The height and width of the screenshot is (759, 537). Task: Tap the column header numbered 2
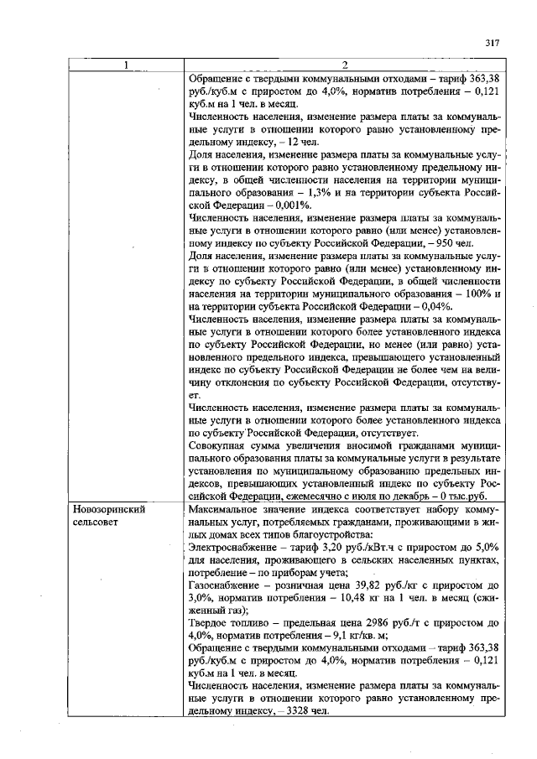[x=345, y=66]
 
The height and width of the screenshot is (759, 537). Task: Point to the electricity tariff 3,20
[x=327, y=547]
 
